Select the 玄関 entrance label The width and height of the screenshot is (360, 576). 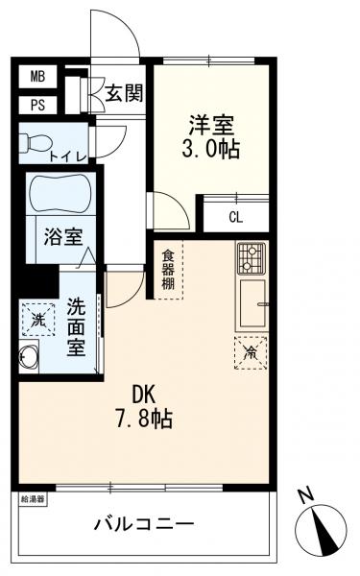tap(124, 94)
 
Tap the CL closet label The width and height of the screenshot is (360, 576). tap(235, 216)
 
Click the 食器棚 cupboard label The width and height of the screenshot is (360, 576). tap(168, 271)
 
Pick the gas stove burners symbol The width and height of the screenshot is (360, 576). tap(252, 258)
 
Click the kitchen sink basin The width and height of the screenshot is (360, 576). tap(253, 302)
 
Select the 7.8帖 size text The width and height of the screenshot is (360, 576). tap(146, 420)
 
